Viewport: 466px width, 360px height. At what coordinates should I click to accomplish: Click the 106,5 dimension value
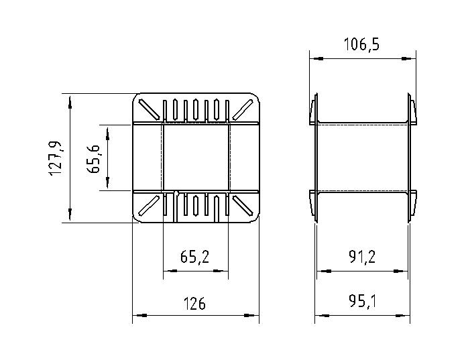pyautogui.click(x=361, y=44)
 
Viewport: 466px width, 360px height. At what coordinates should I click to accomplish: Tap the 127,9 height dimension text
pyautogui.click(x=56, y=158)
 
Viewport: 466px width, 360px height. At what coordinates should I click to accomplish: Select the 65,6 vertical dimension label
pyautogui.click(x=94, y=159)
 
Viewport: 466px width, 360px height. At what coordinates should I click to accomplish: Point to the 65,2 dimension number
pyautogui.click(x=194, y=257)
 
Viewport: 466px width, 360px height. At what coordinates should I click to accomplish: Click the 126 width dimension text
pyautogui.click(x=194, y=304)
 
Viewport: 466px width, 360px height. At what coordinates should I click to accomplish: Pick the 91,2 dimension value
pyautogui.click(x=362, y=257)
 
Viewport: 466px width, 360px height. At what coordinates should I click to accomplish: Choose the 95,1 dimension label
pyautogui.click(x=362, y=302)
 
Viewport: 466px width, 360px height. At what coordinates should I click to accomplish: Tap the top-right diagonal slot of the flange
pyautogui.click(x=243, y=109)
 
